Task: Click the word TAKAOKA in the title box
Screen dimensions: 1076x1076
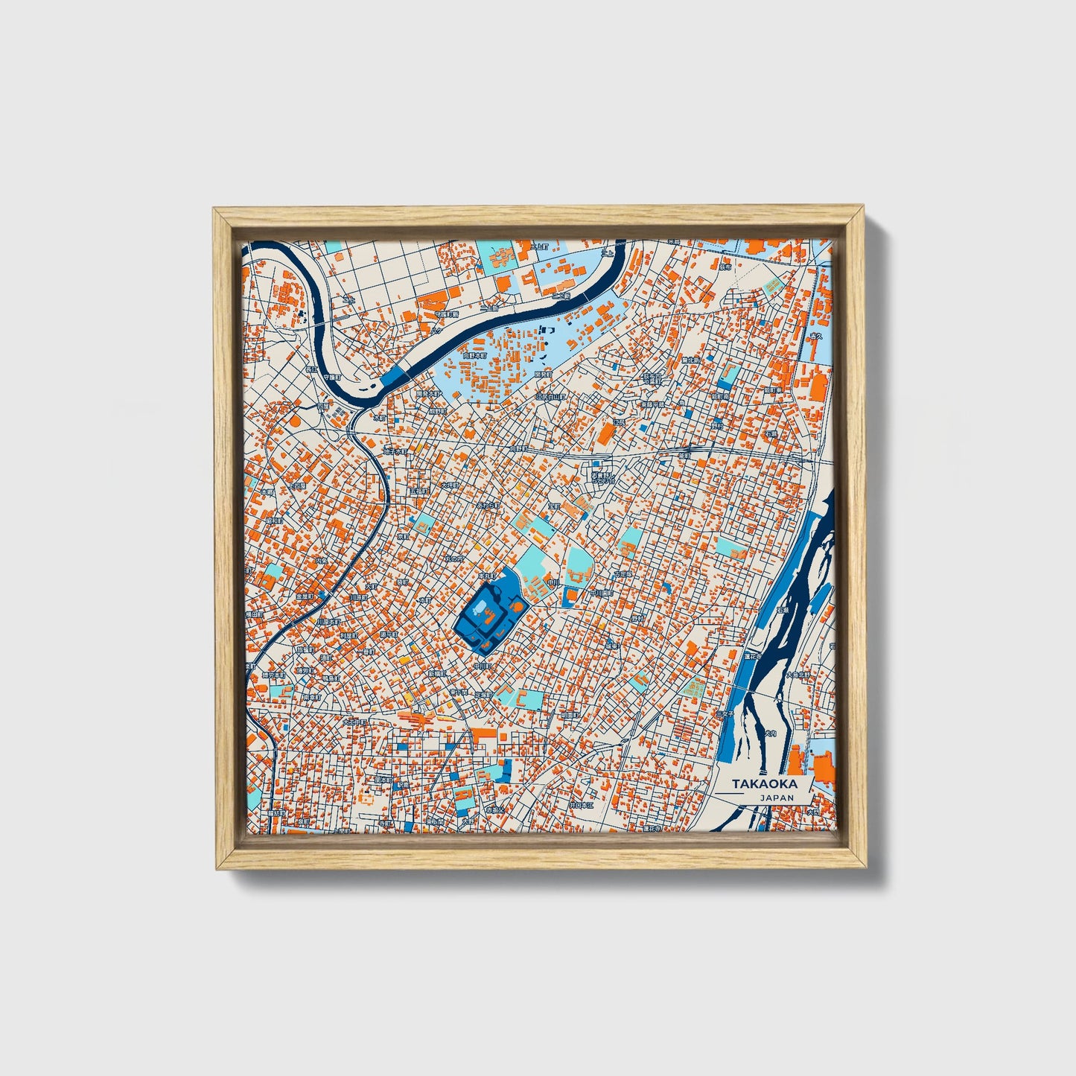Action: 764,784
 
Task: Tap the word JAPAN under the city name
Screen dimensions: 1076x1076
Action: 777,798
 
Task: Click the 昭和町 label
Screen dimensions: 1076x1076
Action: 275,521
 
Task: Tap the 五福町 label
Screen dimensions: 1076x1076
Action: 418,491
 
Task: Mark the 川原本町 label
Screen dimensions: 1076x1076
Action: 328,621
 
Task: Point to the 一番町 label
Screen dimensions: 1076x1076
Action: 366,650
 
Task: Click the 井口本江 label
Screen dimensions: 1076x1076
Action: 582,805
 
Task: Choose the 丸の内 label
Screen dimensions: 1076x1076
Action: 454,558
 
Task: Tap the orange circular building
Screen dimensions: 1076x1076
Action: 295,421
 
